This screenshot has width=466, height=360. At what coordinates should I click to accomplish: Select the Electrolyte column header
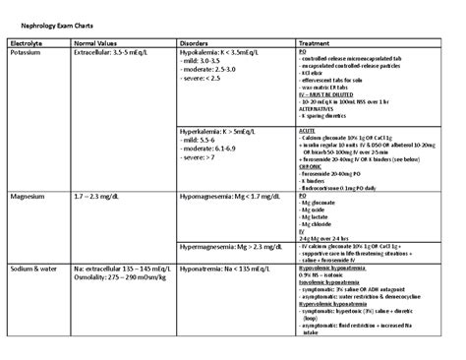click(27, 43)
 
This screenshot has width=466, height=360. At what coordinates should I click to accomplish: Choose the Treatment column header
click(317, 43)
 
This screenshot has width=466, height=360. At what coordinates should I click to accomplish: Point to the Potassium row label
click(27, 52)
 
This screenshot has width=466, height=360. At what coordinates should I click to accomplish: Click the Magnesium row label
click(29, 197)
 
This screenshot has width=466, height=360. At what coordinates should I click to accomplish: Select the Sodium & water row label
click(35, 268)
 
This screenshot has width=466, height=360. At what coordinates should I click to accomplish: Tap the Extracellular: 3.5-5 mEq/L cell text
click(114, 52)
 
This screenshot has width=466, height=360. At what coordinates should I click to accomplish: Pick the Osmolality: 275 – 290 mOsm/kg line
click(121, 276)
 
